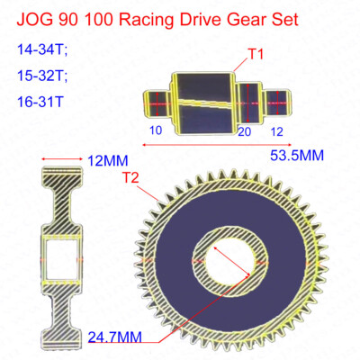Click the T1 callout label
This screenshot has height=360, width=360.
pos(256,56)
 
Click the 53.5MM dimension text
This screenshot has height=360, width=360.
pos(296,156)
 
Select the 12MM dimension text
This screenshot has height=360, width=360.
pos(107,161)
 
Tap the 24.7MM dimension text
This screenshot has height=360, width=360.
pos(116,337)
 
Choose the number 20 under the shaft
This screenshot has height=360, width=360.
pos(244,132)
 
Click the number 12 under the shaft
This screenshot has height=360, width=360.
pos(276,132)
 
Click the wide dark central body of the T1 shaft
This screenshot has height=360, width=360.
pos(206,101)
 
